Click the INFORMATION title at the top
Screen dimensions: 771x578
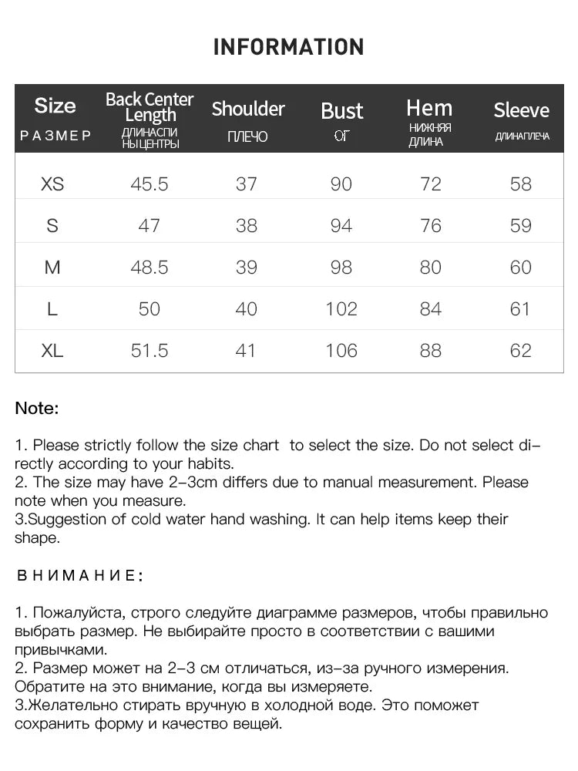(288, 47)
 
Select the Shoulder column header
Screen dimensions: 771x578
(248, 109)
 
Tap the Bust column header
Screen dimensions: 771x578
(341, 111)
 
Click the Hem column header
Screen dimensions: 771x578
(429, 108)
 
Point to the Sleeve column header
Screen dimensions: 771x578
(521, 110)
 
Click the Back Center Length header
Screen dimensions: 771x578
(150, 107)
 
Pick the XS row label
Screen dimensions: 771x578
(52, 184)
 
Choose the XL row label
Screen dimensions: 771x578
(52, 351)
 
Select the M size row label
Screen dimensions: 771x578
(52, 268)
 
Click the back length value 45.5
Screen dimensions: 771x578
(150, 184)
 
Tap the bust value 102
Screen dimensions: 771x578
(341, 309)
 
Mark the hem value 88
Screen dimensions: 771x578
(430, 351)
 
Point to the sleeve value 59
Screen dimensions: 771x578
(521, 226)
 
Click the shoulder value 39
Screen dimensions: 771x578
(246, 268)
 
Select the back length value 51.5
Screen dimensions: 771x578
(150, 351)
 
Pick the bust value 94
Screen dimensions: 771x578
(341, 226)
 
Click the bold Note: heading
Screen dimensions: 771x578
(37, 409)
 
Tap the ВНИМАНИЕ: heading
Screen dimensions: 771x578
(79, 575)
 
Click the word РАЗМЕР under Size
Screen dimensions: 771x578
(55, 136)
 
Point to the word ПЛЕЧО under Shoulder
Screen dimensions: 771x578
(247, 137)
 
